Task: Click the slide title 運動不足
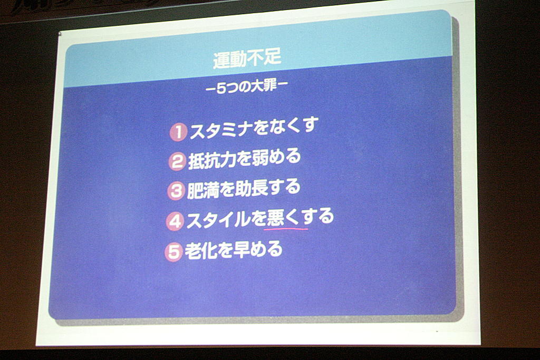[x=247, y=58]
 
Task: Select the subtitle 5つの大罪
[x=247, y=86]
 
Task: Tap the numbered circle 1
[x=178, y=132]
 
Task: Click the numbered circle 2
[x=177, y=161]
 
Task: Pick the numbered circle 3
[x=176, y=191]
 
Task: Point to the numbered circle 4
[x=175, y=221]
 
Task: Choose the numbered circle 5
[x=174, y=252]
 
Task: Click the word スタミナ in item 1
[x=221, y=130]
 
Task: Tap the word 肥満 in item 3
[x=203, y=190]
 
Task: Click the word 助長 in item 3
[x=251, y=189]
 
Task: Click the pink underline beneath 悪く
[x=286, y=228]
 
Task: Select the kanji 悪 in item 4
[x=275, y=218]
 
